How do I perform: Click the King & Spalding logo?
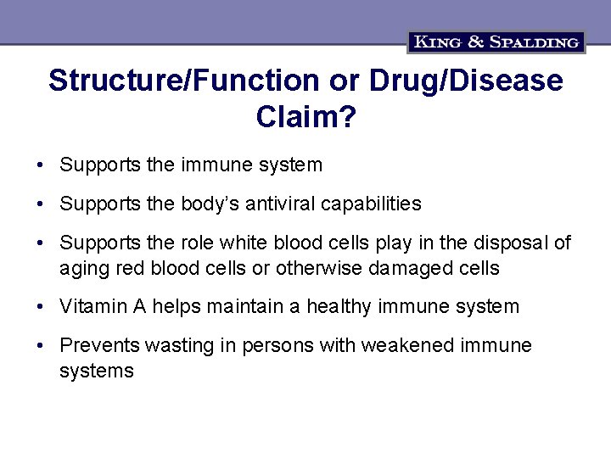point(496,42)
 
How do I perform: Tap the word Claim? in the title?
point(305,117)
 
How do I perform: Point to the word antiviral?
point(272,204)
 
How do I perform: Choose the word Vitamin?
point(91,306)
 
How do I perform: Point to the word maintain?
point(244,306)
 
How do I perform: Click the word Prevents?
point(99,345)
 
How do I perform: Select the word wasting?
point(177,345)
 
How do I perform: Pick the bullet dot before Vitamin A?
point(41,307)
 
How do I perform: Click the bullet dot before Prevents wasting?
point(41,346)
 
